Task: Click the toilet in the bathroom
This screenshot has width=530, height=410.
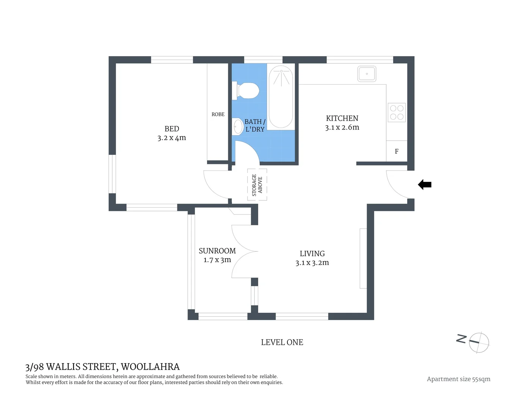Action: [248, 91]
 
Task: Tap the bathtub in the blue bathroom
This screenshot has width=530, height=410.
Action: [281, 96]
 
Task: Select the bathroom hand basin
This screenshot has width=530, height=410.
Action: [238, 127]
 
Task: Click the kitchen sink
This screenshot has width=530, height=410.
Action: [367, 74]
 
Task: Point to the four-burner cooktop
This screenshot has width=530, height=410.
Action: [397, 112]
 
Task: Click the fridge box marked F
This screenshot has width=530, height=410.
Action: [397, 151]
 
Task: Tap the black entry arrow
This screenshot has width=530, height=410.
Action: [425, 185]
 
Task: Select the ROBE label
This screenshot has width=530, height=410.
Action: [218, 114]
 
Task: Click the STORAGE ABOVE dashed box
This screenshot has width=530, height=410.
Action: [257, 185]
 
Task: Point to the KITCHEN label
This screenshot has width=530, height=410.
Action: [342, 118]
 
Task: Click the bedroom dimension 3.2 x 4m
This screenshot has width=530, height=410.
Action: [172, 138]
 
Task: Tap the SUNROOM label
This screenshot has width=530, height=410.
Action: [217, 251]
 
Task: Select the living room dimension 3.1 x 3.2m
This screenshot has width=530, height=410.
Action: [312, 263]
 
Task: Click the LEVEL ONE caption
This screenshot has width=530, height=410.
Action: [282, 342]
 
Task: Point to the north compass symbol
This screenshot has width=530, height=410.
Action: [479, 342]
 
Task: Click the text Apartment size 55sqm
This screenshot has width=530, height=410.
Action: [458, 379]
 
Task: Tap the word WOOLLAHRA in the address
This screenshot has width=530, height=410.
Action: [150, 367]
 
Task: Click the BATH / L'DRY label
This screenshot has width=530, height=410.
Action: [255, 125]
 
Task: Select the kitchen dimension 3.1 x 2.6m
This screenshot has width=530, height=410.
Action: [342, 128]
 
